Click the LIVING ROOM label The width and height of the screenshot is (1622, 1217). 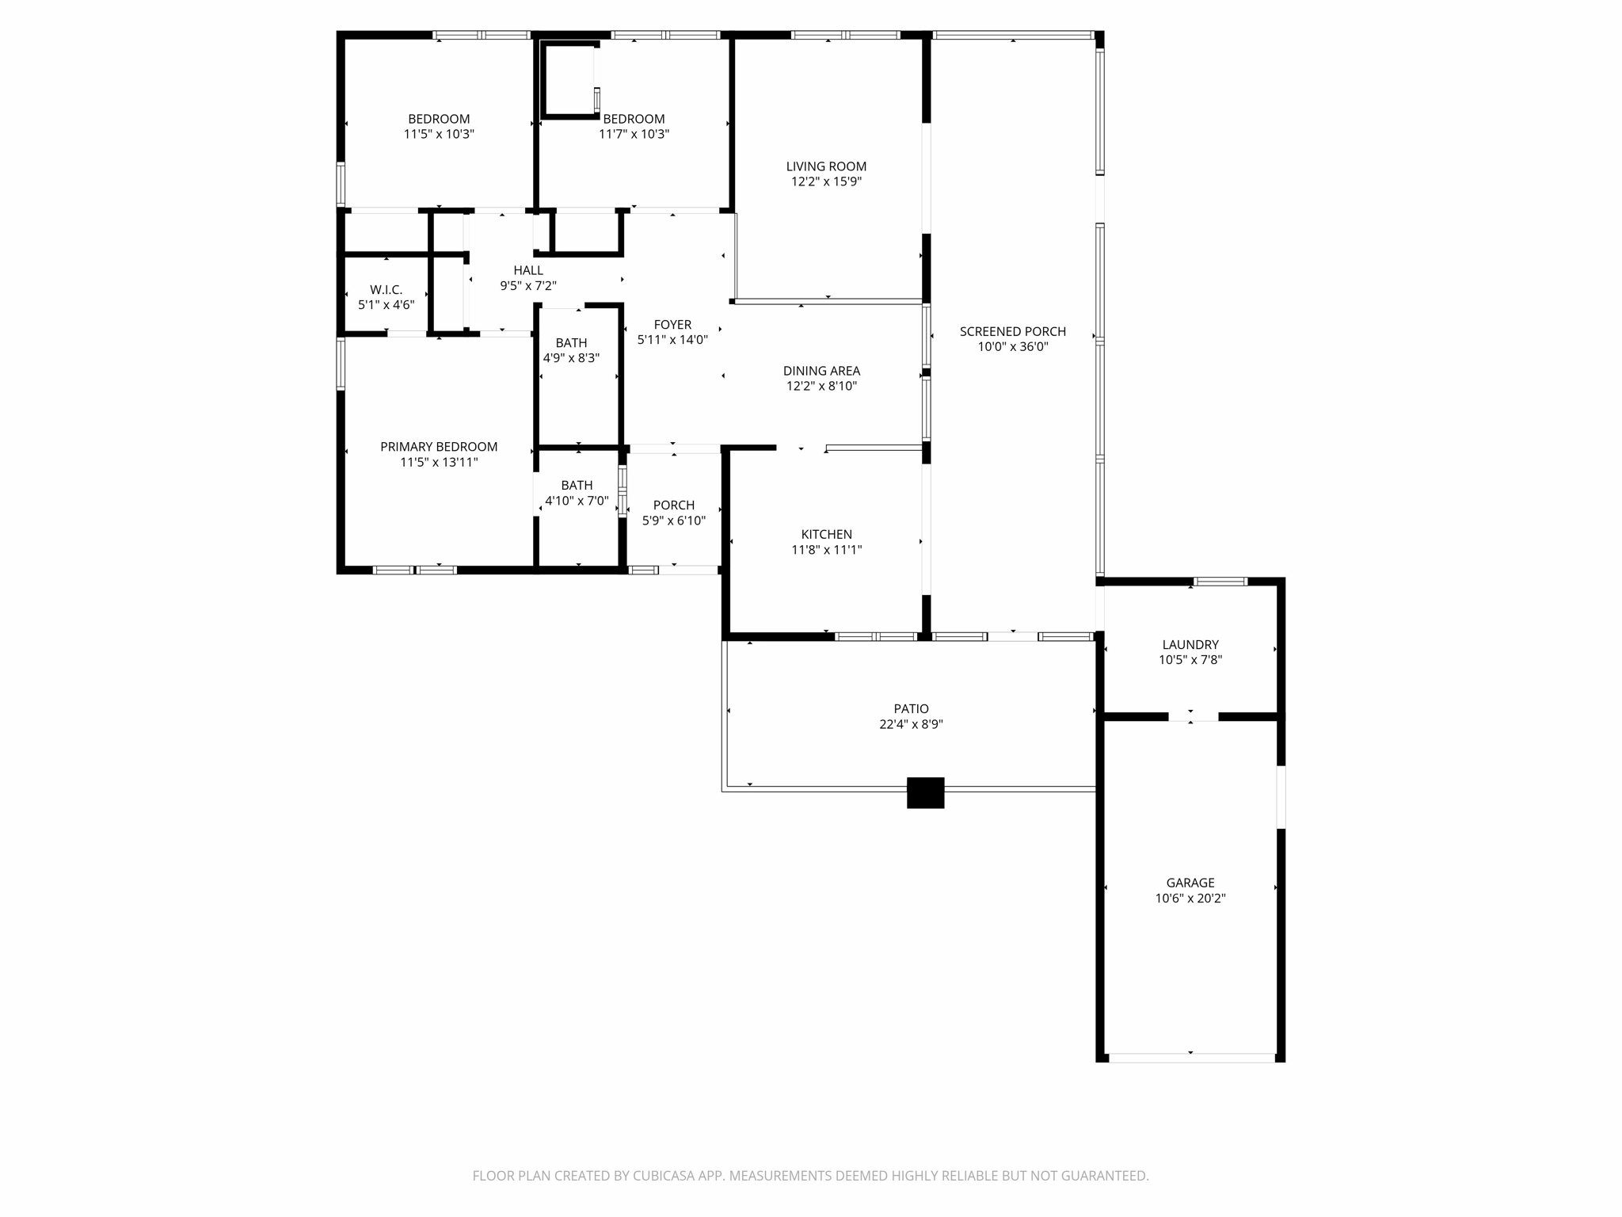pos(826,166)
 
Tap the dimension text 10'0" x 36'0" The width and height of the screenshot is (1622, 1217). pos(1012,347)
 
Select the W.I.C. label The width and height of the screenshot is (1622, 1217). pos(386,290)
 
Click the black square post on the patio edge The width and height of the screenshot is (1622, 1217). pos(925,792)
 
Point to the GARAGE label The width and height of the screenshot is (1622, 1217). pos(1190,883)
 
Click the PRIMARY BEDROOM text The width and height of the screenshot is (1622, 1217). pos(439,447)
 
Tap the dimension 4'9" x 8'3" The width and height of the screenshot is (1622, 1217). pos(571,358)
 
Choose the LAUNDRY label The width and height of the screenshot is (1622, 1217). pos(1190,645)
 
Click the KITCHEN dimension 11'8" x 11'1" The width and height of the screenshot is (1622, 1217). pos(826,550)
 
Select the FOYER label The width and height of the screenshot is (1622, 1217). pos(672,325)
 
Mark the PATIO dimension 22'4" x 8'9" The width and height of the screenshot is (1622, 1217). pos(911,724)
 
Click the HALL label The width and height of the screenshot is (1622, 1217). pos(528,271)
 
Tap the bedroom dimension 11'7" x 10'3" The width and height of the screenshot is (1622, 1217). pos(634,135)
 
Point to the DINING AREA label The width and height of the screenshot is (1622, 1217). pos(821,371)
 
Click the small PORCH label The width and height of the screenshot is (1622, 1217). pos(673,505)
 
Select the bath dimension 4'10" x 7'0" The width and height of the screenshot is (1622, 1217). pos(577,501)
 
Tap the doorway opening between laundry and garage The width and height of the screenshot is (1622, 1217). pos(1193,716)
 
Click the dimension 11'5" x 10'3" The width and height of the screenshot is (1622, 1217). pos(439,135)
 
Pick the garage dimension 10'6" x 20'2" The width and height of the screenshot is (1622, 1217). pos(1190,898)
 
